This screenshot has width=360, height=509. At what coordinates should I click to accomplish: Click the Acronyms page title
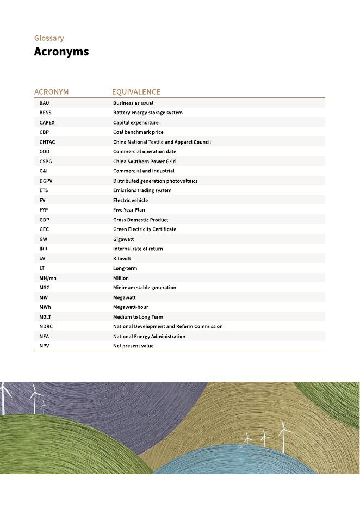[x=61, y=52]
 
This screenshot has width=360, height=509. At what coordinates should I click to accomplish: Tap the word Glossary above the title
[x=49, y=38]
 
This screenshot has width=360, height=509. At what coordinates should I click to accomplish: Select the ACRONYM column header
[x=51, y=92]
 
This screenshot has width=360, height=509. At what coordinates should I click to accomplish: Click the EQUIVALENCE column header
[x=136, y=92]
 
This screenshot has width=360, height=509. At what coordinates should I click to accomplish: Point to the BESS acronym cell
[x=45, y=113]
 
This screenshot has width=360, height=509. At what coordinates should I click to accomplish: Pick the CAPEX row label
[x=47, y=122]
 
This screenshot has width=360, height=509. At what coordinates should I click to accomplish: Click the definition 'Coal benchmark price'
[x=138, y=132]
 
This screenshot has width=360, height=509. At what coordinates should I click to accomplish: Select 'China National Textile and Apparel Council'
[x=162, y=142]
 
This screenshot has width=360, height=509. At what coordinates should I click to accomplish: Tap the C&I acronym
[x=44, y=171]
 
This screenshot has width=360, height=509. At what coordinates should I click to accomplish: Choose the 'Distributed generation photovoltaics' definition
[x=155, y=181]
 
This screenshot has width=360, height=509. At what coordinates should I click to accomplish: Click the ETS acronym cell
[x=44, y=190]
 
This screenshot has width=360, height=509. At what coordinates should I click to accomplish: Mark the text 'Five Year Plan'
[x=129, y=210]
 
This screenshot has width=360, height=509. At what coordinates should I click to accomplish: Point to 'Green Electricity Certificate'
[x=145, y=229]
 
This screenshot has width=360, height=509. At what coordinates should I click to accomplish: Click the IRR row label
[x=44, y=249]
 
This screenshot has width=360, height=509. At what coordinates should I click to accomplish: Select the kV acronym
[x=42, y=258]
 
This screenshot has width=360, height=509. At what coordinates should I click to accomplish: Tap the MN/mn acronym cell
[x=48, y=278]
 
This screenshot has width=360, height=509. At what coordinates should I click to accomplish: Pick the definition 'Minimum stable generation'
[x=145, y=288]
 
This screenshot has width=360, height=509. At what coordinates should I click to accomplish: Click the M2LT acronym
[x=46, y=317]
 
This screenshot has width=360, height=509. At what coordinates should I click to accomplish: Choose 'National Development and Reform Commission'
[x=167, y=326]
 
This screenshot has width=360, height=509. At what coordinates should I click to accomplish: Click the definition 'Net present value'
[x=133, y=346]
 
